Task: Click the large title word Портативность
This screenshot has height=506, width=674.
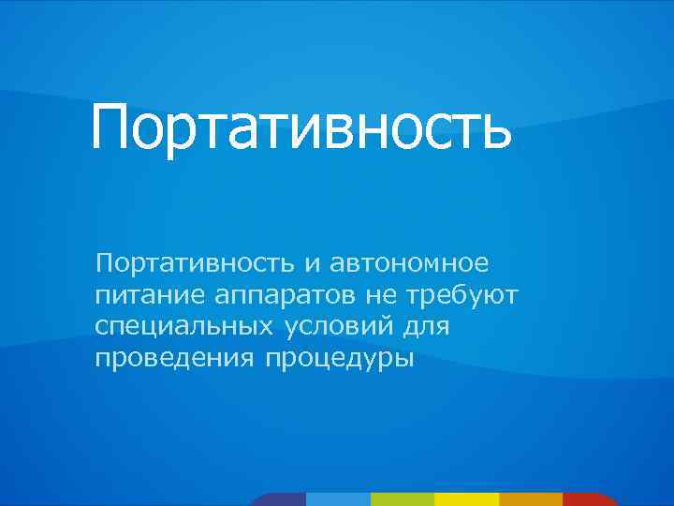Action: (x=301, y=129)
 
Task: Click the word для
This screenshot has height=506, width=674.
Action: (x=425, y=327)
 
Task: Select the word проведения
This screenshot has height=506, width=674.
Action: (x=175, y=358)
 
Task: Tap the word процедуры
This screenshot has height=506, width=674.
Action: (x=338, y=358)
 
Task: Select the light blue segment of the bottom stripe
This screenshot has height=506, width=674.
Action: (x=338, y=499)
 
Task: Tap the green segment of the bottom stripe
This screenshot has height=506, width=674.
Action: (x=403, y=499)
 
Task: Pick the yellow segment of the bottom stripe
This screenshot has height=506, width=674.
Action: (x=466, y=499)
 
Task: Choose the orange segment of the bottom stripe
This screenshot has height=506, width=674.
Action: (x=531, y=499)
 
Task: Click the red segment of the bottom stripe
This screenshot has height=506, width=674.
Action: (x=590, y=499)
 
